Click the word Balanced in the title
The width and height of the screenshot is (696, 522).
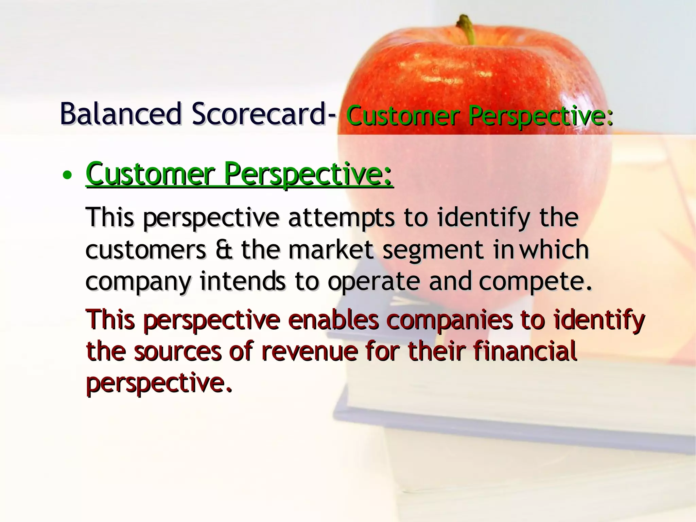tap(121, 114)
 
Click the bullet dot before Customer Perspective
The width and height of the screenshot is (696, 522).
tap(67, 175)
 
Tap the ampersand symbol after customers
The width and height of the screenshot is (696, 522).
tap(224, 250)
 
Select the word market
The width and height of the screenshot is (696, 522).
tap(331, 250)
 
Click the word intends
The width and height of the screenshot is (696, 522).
tap(243, 282)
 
